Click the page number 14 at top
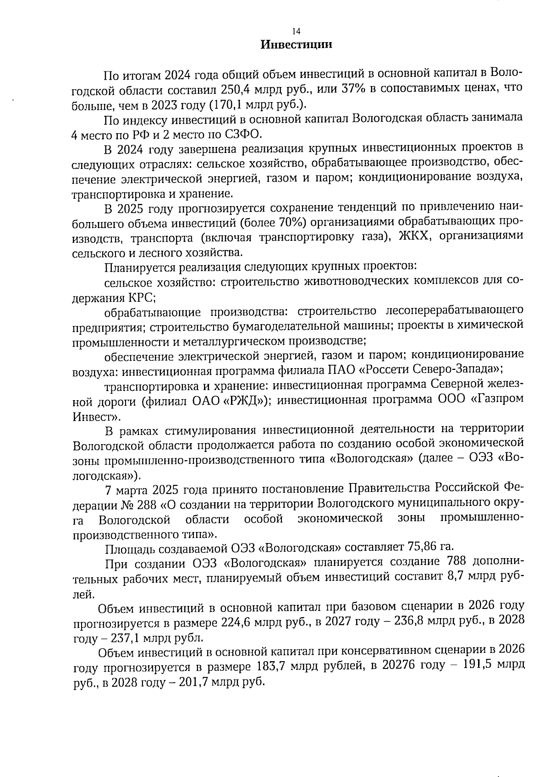(296, 31)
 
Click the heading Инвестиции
(296, 45)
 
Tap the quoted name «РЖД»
(241, 402)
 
